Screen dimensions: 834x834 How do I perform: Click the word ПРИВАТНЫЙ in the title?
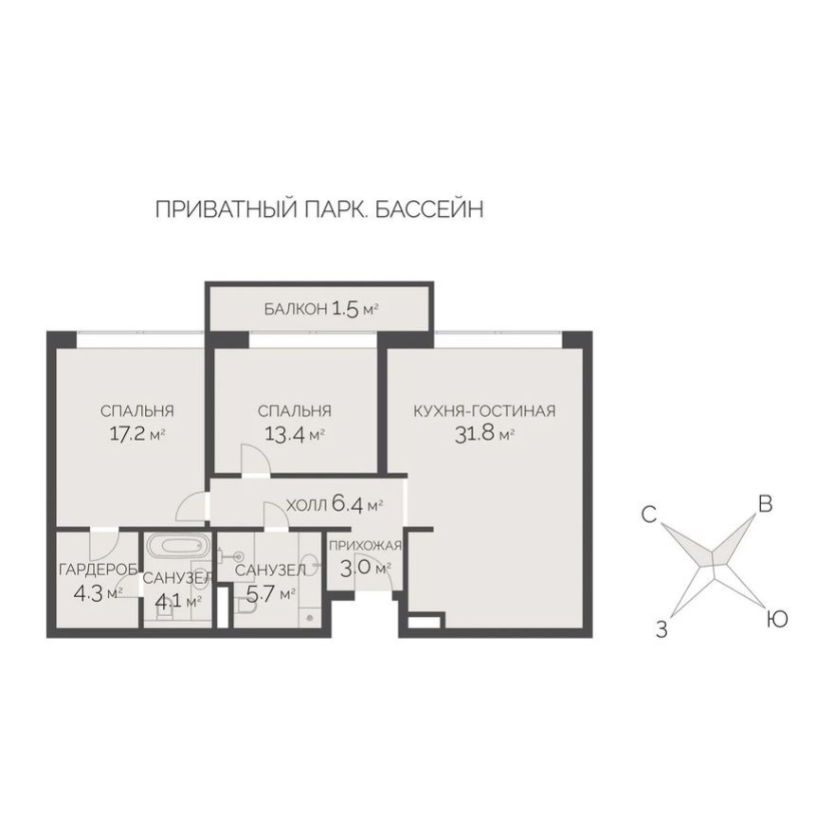click(221, 209)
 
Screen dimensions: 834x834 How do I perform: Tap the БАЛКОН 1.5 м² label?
click(321, 308)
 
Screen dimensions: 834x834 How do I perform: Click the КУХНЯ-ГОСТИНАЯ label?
click(483, 411)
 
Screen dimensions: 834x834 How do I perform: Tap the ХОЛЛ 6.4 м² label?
click(335, 505)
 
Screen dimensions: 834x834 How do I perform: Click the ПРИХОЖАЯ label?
click(366, 546)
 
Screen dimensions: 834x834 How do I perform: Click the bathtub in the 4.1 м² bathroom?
click(177, 547)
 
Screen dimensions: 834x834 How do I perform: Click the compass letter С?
click(649, 515)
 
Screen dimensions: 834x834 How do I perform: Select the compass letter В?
click(765, 504)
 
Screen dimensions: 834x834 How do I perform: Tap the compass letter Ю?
click(776, 620)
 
